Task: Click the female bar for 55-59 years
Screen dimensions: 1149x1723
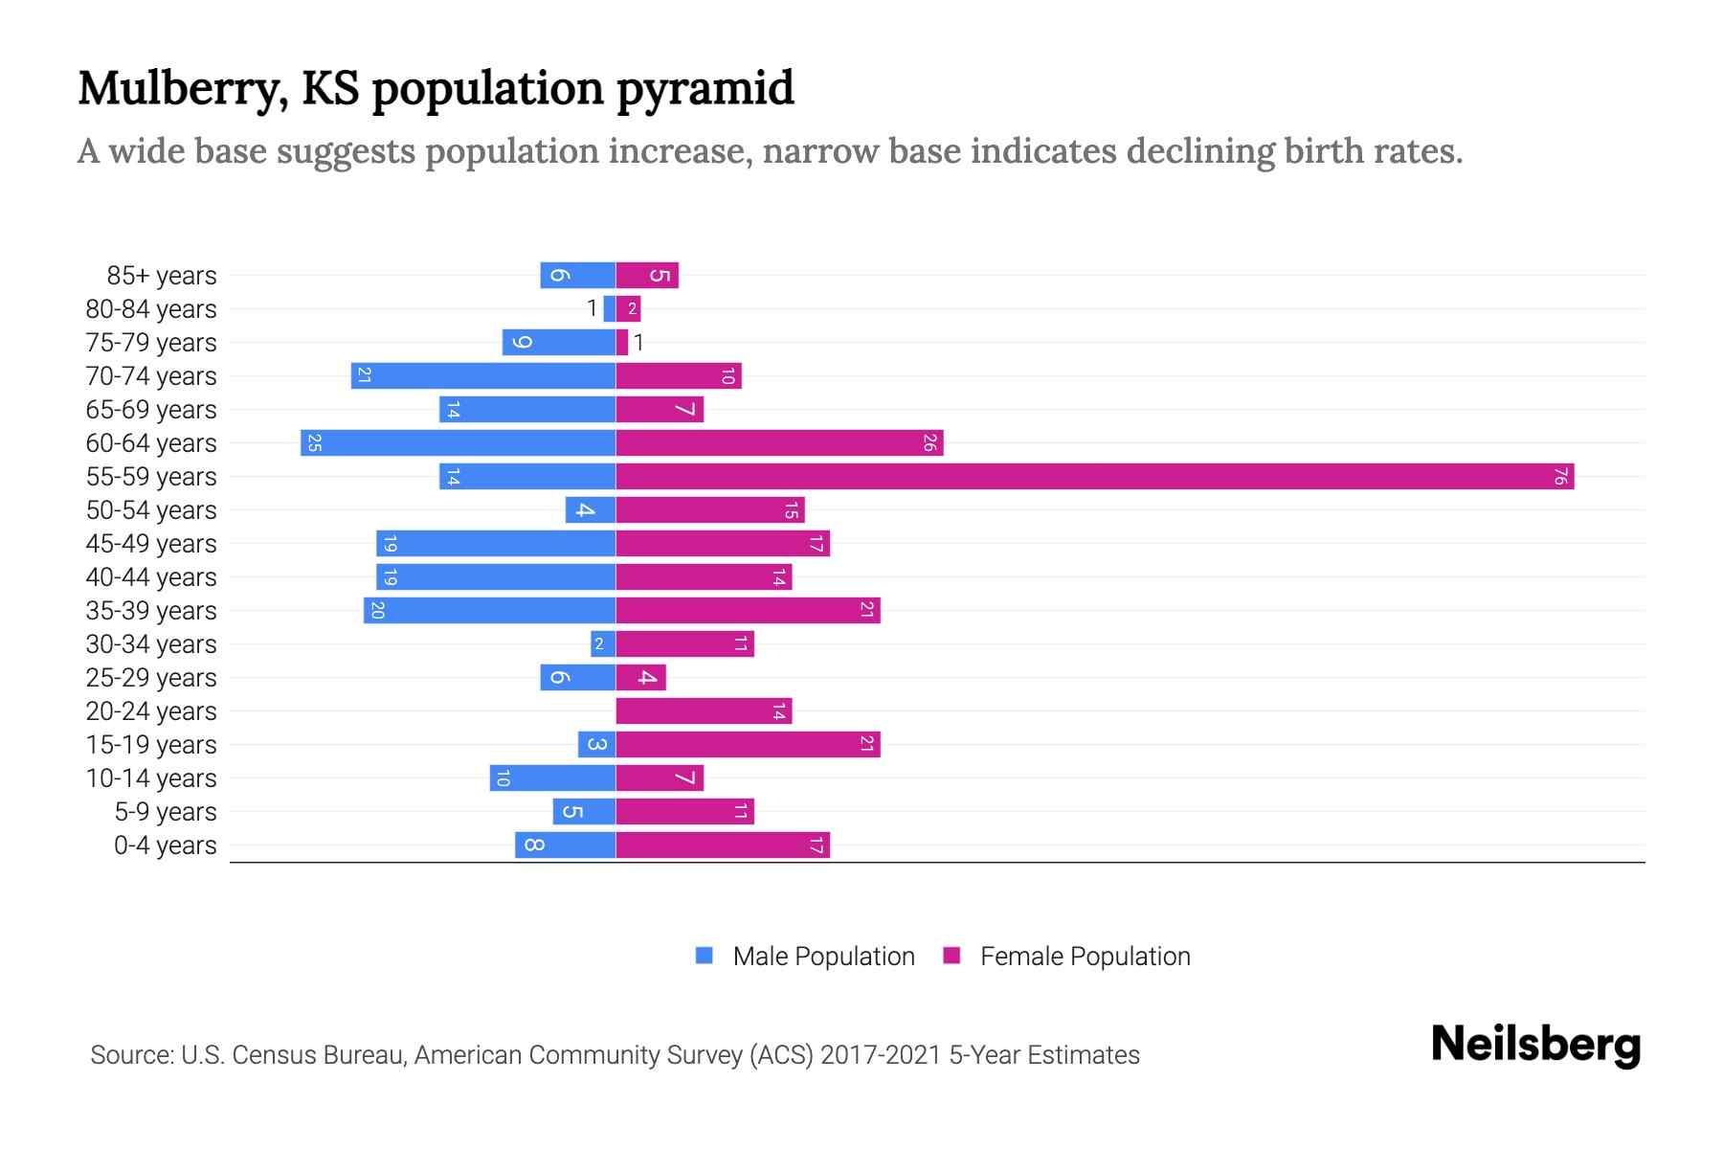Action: (x=1094, y=477)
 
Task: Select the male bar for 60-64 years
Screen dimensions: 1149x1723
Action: (x=458, y=443)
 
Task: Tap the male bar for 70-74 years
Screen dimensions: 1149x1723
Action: (x=482, y=376)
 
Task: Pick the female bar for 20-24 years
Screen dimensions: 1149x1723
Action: (x=704, y=711)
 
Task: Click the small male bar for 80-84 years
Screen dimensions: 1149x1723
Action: (x=610, y=309)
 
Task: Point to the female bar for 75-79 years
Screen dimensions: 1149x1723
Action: (x=622, y=343)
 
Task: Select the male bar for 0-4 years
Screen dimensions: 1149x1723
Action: (x=565, y=845)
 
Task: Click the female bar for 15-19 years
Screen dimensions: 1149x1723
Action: (x=748, y=745)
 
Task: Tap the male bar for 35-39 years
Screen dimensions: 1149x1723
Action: (x=489, y=611)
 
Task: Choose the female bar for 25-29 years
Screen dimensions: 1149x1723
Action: (x=640, y=678)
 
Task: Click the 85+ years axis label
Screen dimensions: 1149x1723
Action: (x=161, y=276)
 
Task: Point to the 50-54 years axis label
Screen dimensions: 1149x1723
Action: (x=151, y=510)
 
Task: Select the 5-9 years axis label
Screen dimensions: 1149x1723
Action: (x=165, y=812)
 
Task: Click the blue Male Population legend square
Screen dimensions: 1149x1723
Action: (x=705, y=956)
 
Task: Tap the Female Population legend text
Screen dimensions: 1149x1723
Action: (x=1085, y=957)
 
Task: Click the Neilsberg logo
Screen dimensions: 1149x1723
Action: (x=1535, y=1045)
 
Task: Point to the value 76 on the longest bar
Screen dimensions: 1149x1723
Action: (x=1559, y=477)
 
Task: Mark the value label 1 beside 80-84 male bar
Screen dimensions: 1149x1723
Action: (x=592, y=308)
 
